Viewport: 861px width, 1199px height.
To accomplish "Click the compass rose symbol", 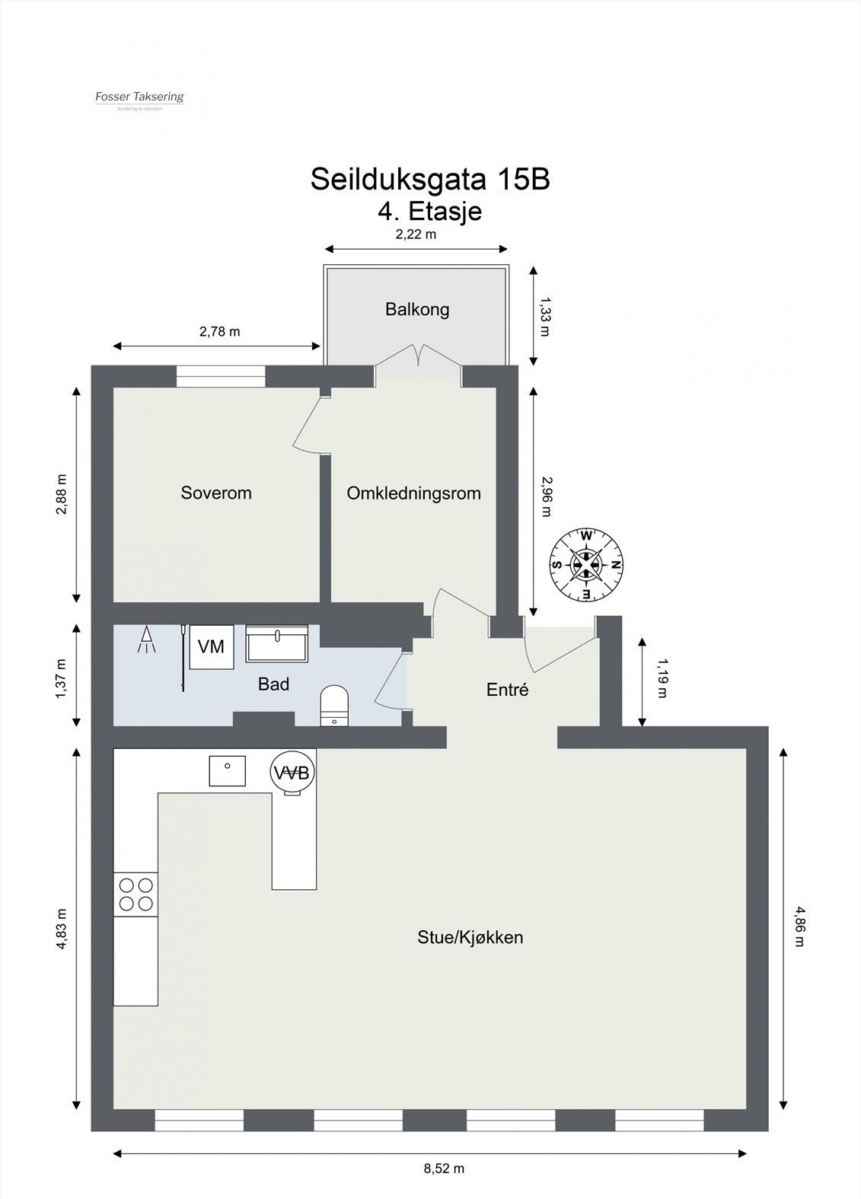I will point(586,564).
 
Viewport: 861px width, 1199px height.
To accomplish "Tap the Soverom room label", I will point(216,493).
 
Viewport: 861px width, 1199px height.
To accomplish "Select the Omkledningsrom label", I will point(413,493).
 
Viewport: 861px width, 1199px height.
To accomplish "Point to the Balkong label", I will point(417,309).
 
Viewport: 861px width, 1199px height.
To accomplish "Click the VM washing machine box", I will point(211,646).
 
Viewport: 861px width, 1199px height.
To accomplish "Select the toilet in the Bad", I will point(334,706).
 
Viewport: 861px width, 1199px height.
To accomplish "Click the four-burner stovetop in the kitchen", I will point(136,894).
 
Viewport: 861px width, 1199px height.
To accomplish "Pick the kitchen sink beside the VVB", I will point(228,770).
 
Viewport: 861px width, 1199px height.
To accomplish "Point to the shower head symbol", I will point(145,641).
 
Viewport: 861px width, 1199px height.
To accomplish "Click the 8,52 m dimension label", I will point(444,1169).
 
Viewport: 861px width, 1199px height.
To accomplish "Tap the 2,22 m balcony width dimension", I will point(416,234).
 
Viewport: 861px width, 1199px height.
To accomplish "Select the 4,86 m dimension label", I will point(799,925).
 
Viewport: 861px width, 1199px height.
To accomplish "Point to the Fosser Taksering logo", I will point(139,98).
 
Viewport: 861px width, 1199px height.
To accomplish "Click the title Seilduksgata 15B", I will point(430,180).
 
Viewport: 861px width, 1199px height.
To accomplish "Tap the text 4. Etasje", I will point(430,210).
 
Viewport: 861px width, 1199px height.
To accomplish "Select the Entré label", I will point(507,690).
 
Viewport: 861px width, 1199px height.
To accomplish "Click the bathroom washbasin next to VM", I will point(277,644).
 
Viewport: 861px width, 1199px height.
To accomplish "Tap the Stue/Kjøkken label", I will point(470,937).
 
